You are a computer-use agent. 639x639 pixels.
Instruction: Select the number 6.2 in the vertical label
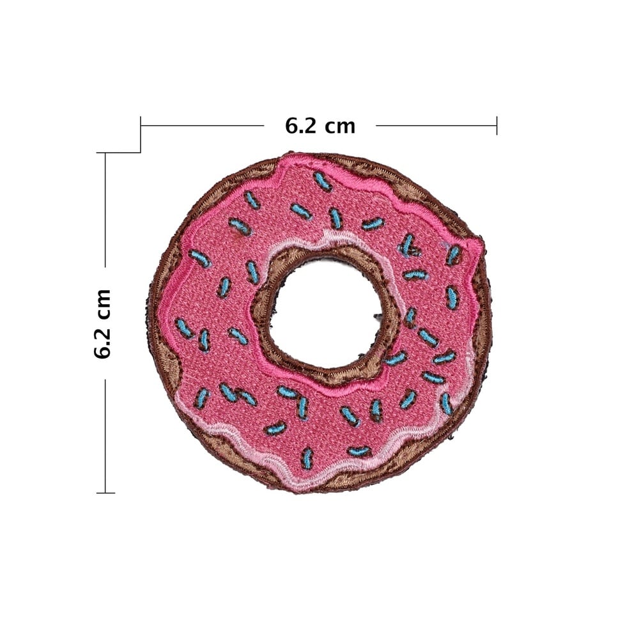coord(102,344)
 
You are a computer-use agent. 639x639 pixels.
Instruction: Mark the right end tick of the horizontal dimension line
coord(497,125)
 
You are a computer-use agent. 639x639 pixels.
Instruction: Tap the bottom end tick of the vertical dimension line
coord(105,493)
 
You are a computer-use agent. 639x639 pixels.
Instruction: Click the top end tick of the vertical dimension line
coord(105,153)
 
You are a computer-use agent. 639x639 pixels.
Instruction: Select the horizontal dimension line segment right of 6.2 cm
coord(436,125)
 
